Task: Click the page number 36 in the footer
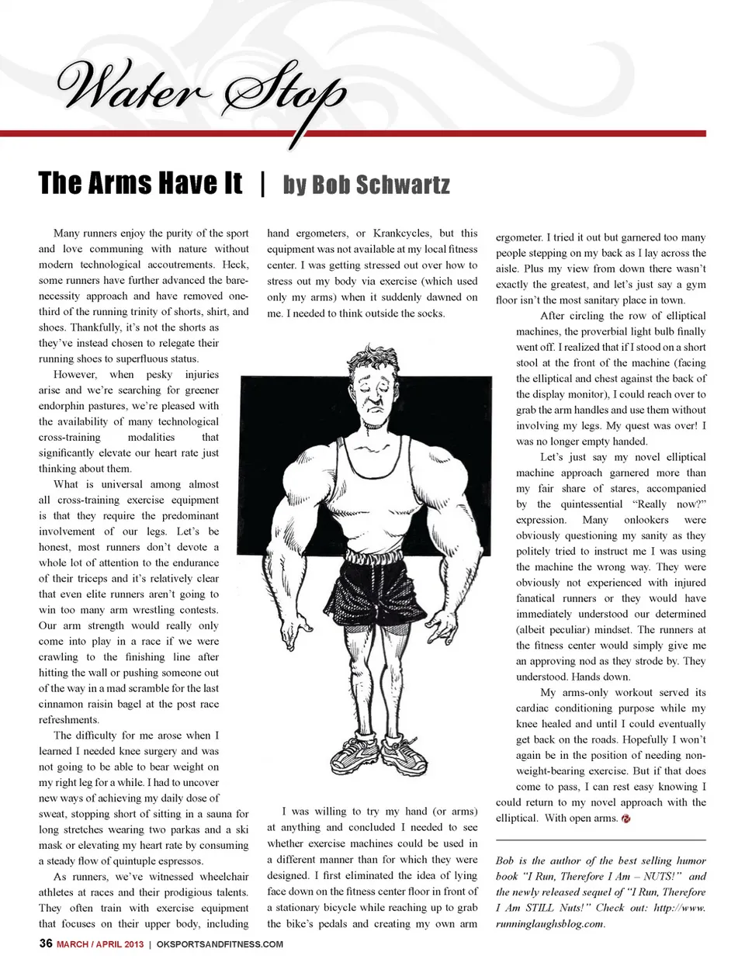[46, 943]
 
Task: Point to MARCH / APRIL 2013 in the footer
[101, 944]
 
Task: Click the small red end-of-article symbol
[625, 819]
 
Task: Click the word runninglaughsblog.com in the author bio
[549, 923]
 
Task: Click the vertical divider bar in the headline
[263, 184]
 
